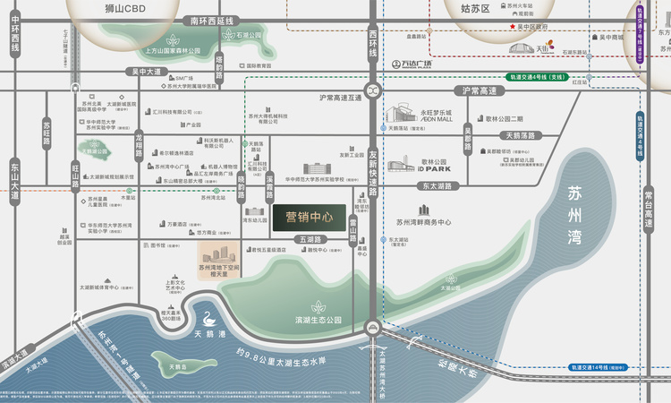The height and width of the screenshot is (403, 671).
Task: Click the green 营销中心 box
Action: point(309,216)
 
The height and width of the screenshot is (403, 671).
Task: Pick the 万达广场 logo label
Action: point(412,64)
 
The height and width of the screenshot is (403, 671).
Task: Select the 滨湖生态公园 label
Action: point(318,319)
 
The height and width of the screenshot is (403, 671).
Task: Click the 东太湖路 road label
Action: point(435,185)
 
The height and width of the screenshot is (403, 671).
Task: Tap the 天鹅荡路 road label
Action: point(519,135)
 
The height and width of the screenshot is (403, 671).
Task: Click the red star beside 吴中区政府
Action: point(513,27)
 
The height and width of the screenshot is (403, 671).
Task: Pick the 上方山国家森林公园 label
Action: point(174,52)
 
